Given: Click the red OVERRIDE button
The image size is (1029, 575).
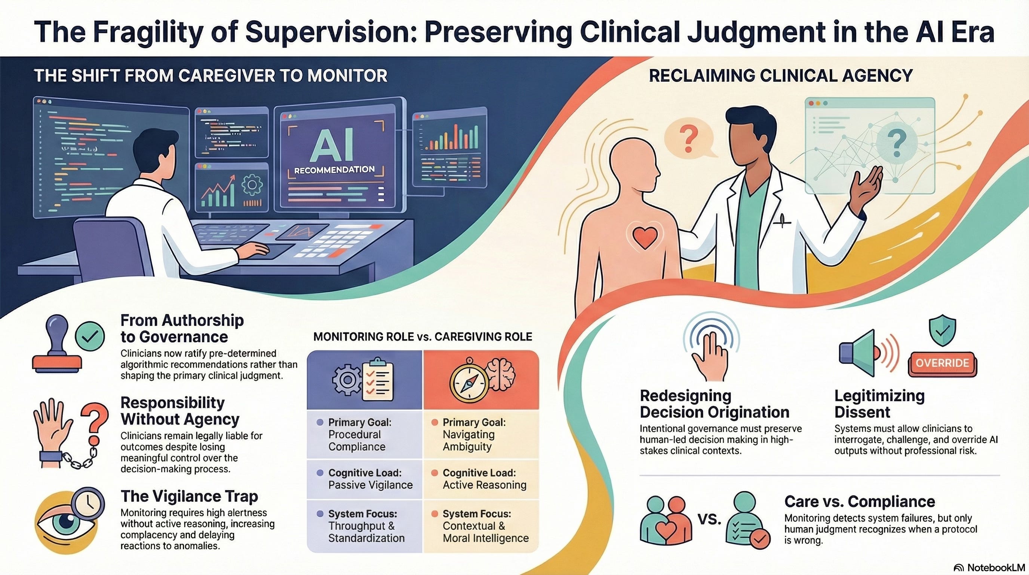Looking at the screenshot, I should point(942,363).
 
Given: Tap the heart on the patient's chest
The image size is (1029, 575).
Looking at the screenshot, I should point(645,237).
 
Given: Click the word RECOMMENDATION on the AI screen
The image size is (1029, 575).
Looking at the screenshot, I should point(334,170).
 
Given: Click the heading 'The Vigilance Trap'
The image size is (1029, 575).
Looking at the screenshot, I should point(189,496).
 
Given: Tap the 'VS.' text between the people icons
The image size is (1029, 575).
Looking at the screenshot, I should point(709,519).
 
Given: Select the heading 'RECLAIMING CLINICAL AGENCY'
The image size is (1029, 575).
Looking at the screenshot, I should point(780,76).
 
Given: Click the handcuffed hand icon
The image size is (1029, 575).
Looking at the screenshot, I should point(54,434).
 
